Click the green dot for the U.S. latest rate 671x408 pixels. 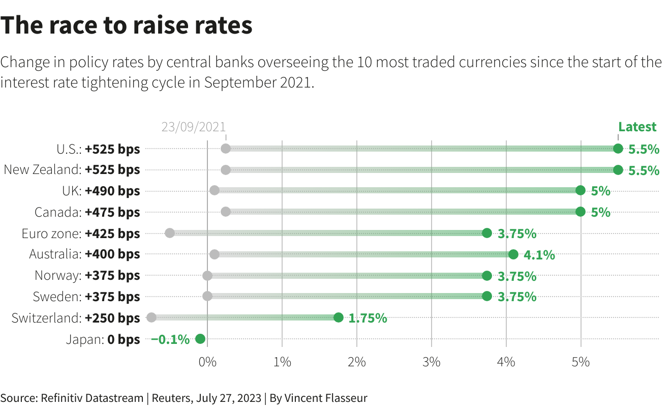618,149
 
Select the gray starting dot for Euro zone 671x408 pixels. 170,233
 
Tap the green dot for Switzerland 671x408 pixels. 338,317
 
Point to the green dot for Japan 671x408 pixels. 200,339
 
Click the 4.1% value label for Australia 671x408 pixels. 539,255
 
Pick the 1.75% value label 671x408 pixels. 368,318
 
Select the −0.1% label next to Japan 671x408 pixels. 170,339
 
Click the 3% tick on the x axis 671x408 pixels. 432,362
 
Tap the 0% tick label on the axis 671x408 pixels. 207,362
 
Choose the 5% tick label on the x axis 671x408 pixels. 581,362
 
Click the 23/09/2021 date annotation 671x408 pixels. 193,127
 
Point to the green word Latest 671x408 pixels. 637,127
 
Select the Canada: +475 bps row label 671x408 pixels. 87,212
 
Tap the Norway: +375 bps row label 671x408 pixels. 87,276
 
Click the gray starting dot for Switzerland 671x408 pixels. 151,317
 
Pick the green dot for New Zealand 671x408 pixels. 618,170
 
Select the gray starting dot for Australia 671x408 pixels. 215,254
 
